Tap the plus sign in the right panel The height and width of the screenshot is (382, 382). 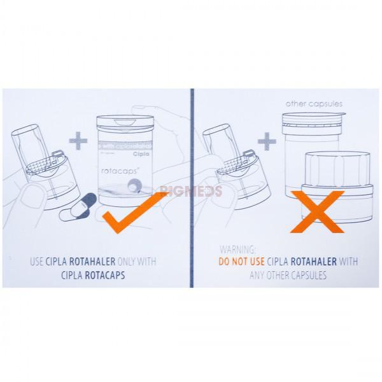[x=267, y=141]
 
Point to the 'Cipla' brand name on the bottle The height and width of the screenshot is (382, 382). [x=141, y=154]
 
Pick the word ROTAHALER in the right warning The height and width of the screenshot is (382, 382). [x=316, y=262]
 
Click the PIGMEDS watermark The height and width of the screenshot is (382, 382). [x=191, y=190]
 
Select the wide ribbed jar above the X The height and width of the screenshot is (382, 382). [x=337, y=169]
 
